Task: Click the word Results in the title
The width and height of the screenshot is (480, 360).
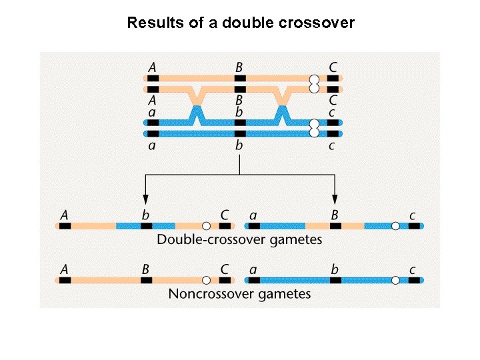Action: point(150,23)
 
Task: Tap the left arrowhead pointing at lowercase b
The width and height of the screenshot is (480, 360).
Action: point(145,199)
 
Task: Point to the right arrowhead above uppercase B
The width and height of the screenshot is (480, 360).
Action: point(335,199)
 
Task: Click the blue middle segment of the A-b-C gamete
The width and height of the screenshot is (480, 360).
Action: point(145,226)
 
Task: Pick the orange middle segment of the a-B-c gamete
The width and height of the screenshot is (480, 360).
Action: point(335,226)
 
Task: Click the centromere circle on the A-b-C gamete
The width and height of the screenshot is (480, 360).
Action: point(207,226)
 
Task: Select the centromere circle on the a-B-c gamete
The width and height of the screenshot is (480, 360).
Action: point(395,226)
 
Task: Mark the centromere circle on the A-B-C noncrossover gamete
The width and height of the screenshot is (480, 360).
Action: point(207,281)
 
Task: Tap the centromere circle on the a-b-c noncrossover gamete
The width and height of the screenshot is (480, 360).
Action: point(395,281)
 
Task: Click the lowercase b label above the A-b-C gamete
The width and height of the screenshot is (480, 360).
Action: point(145,215)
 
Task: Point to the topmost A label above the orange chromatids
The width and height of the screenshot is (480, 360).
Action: point(153,67)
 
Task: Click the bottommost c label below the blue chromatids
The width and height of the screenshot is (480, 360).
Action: point(331,146)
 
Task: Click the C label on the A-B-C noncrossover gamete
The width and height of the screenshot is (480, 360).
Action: point(225,269)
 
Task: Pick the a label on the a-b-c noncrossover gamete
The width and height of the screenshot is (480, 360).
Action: point(253,270)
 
